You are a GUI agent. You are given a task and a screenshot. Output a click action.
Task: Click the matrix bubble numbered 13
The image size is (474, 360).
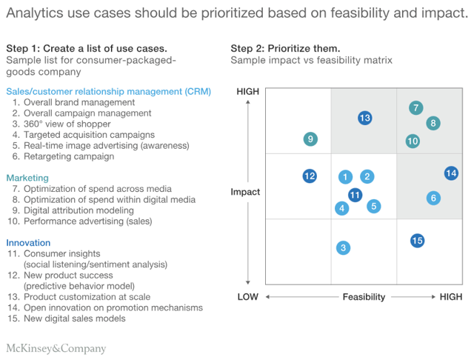coord(364,118)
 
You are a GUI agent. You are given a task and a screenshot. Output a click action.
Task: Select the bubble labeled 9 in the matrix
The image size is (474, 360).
coord(311,139)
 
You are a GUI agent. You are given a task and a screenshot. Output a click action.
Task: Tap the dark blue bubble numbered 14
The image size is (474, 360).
coord(451,173)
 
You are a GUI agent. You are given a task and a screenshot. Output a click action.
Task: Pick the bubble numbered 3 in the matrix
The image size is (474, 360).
coord(343,248)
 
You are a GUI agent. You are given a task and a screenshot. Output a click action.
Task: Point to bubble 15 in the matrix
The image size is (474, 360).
coord(417,240)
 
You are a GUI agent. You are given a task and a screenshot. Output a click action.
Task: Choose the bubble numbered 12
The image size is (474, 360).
coord(310,176)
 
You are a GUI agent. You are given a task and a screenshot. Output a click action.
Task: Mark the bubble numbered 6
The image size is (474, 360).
coord(433,198)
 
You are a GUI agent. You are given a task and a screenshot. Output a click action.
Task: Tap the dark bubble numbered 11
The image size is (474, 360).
coord(355,195)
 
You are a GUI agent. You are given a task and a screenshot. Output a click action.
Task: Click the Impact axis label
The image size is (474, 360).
coord(245,192)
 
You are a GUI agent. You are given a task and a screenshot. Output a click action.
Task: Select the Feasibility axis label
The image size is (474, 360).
coord(364,297)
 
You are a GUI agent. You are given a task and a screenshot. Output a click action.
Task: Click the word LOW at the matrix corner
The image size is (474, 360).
coord(247,297)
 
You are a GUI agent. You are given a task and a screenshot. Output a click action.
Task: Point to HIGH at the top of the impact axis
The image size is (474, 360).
coord(247,91)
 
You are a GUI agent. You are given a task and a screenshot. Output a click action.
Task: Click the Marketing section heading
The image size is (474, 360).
coord(27,178)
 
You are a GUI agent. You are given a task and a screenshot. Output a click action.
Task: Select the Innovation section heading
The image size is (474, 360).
coord(28,242)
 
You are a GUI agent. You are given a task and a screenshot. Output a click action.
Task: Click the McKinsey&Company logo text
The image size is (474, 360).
coord(56,348)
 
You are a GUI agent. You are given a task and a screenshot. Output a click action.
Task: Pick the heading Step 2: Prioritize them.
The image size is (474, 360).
coord(285,48)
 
